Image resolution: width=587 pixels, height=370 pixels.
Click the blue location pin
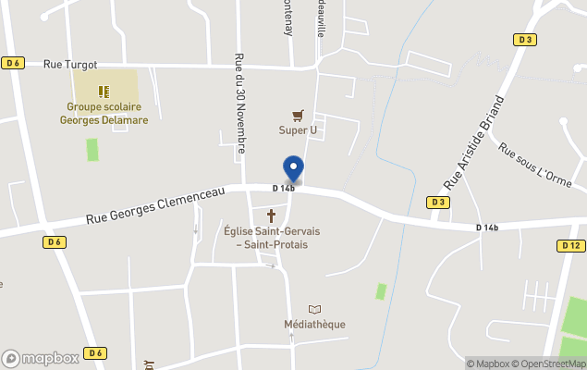pyautogui.click(x=293, y=168)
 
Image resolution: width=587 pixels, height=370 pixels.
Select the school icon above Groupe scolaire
pyautogui.click(x=104, y=92)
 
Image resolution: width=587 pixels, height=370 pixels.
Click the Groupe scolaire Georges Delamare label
pyautogui.click(x=104, y=114)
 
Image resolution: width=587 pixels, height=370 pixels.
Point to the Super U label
pyautogui.click(x=298, y=130)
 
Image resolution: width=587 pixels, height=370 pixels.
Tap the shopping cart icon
pyautogui.click(x=298, y=116)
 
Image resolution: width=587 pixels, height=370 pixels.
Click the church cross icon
pyautogui.click(x=272, y=216)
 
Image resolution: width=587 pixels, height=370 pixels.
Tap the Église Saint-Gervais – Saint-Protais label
pyautogui.click(x=265, y=238)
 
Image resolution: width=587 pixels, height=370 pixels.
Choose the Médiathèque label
pyautogui.click(x=314, y=325)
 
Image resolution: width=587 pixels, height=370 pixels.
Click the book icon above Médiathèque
pyautogui.click(x=315, y=309)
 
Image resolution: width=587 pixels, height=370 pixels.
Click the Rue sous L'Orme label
pyautogui.click(x=534, y=162)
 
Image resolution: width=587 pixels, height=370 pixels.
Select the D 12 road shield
pyautogui.click(x=570, y=245)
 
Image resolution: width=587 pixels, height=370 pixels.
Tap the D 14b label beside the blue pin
pyautogui.click(x=283, y=189)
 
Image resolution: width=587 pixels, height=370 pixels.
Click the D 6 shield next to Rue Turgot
pyautogui.click(x=12, y=63)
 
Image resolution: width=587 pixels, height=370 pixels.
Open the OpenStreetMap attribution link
pyautogui.click(x=552, y=364)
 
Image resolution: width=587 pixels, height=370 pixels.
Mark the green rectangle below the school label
pyautogui.click(x=92, y=150)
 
